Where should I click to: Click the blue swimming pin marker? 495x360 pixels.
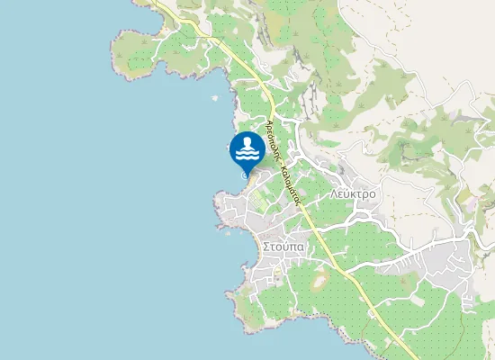(247, 148)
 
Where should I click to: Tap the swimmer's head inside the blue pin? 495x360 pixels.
(247, 140)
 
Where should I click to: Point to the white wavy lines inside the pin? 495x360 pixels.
(247, 155)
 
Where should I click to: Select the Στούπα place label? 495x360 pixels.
(283, 245)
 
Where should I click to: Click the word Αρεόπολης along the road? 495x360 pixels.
(272, 136)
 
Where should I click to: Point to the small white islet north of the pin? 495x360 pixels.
(214, 97)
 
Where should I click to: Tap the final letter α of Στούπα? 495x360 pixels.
(301, 246)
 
